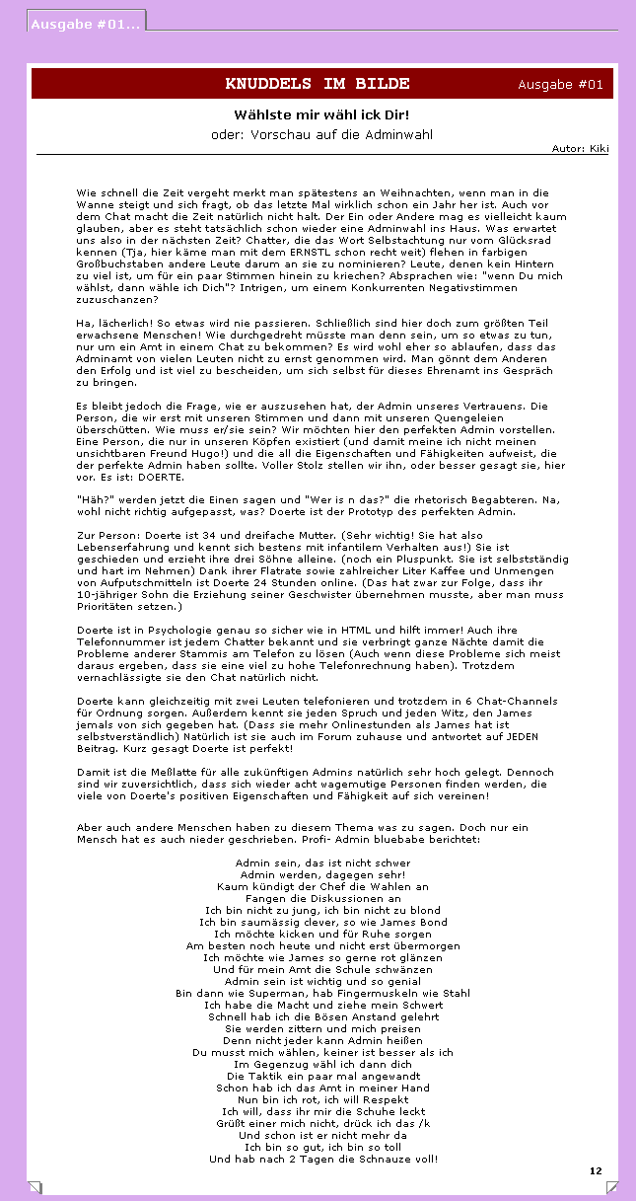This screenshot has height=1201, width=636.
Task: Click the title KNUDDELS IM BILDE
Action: [318, 84]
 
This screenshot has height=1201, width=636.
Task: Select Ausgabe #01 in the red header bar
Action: [560, 85]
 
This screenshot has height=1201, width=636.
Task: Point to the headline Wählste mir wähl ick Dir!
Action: [321, 115]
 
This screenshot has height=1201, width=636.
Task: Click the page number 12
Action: [596, 1170]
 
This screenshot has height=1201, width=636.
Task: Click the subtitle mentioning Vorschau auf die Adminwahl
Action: [321, 134]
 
